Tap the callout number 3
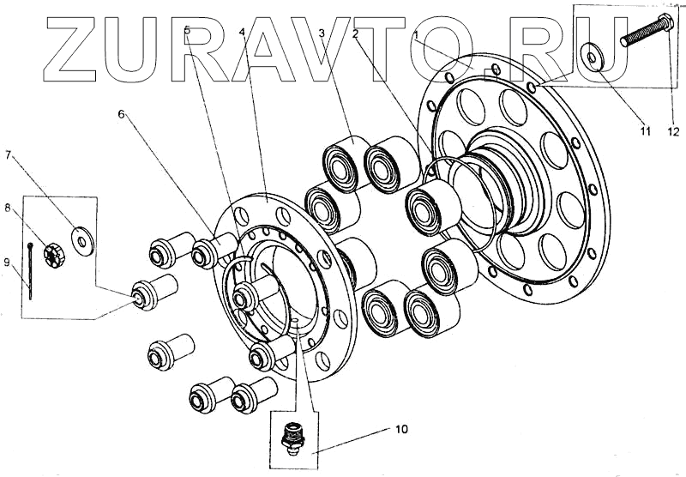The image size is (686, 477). click(322, 33)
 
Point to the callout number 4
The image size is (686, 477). click(243, 32)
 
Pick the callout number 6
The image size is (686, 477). click(122, 112)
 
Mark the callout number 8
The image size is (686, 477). click(8, 208)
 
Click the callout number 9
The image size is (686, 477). click(8, 263)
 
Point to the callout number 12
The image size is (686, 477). click(675, 131)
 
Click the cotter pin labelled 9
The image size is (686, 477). click(31, 270)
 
